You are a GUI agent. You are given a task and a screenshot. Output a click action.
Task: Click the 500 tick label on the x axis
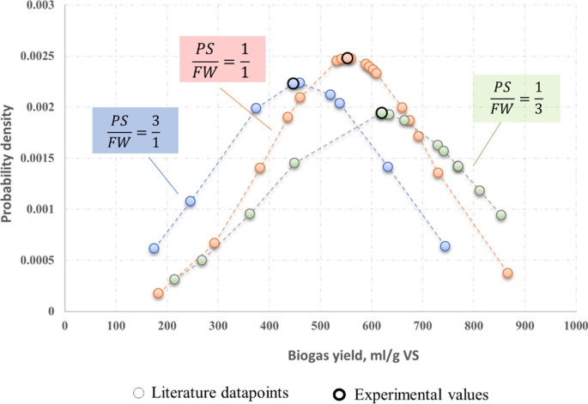tap(319, 326)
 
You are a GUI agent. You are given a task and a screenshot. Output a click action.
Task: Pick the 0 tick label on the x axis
tap(64, 326)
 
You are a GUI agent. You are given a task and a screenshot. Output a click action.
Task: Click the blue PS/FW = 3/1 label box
tap(135, 130)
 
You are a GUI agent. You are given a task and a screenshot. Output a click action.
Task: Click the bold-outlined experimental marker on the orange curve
tap(348, 58)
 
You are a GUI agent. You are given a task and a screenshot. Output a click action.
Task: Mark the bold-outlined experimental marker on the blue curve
tap(293, 83)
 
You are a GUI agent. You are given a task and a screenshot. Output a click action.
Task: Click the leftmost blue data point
tap(154, 249)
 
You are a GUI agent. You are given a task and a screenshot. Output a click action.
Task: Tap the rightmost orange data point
tap(507, 274)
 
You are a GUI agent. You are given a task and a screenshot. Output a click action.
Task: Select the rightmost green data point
tap(501, 215)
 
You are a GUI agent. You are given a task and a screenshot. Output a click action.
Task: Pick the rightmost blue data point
tap(445, 246)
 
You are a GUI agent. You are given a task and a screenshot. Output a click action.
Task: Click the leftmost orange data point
tap(158, 293)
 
